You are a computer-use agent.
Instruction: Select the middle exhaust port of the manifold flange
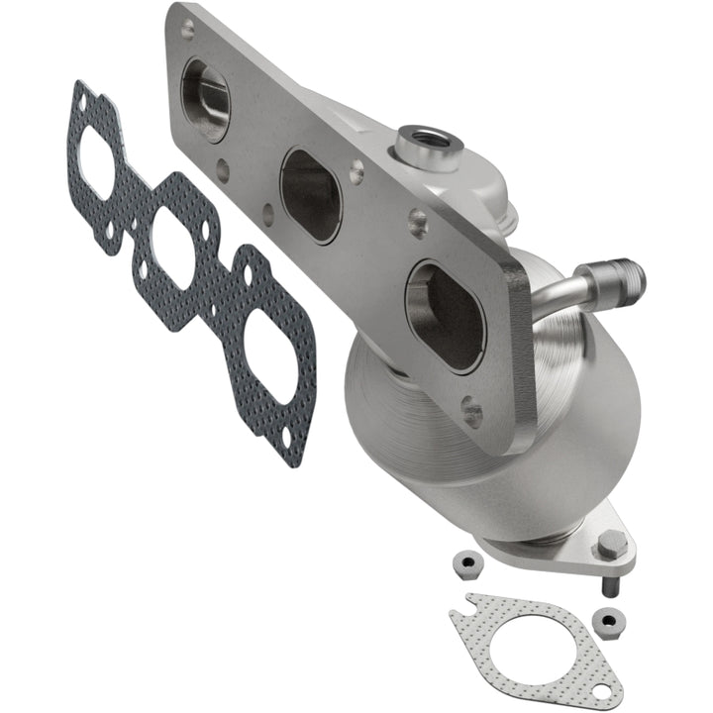click(x=311, y=194)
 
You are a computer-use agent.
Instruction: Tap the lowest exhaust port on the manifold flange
click(x=445, y=316)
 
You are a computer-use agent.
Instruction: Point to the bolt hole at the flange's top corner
click(x=184, y=31)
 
